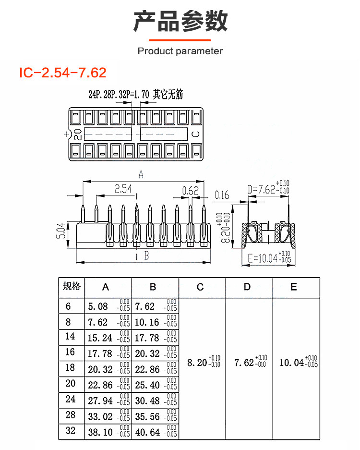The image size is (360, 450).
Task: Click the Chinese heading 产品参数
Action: click(180, 22)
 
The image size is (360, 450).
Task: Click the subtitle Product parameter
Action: click(180, 51)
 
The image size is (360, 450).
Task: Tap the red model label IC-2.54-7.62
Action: click(62, 73)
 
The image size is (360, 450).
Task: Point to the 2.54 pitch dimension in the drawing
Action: click(123, 189)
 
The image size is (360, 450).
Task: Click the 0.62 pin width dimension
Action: click(190, 191)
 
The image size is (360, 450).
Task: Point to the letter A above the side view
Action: click(141, 175)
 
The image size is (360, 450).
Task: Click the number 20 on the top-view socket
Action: click(78, 134)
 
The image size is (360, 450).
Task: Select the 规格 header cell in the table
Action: click(72, 287)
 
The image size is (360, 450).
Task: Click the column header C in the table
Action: click(200, 287)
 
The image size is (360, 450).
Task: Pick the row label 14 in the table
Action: click(71, 337)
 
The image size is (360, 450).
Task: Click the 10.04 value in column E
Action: click(291, 362)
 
